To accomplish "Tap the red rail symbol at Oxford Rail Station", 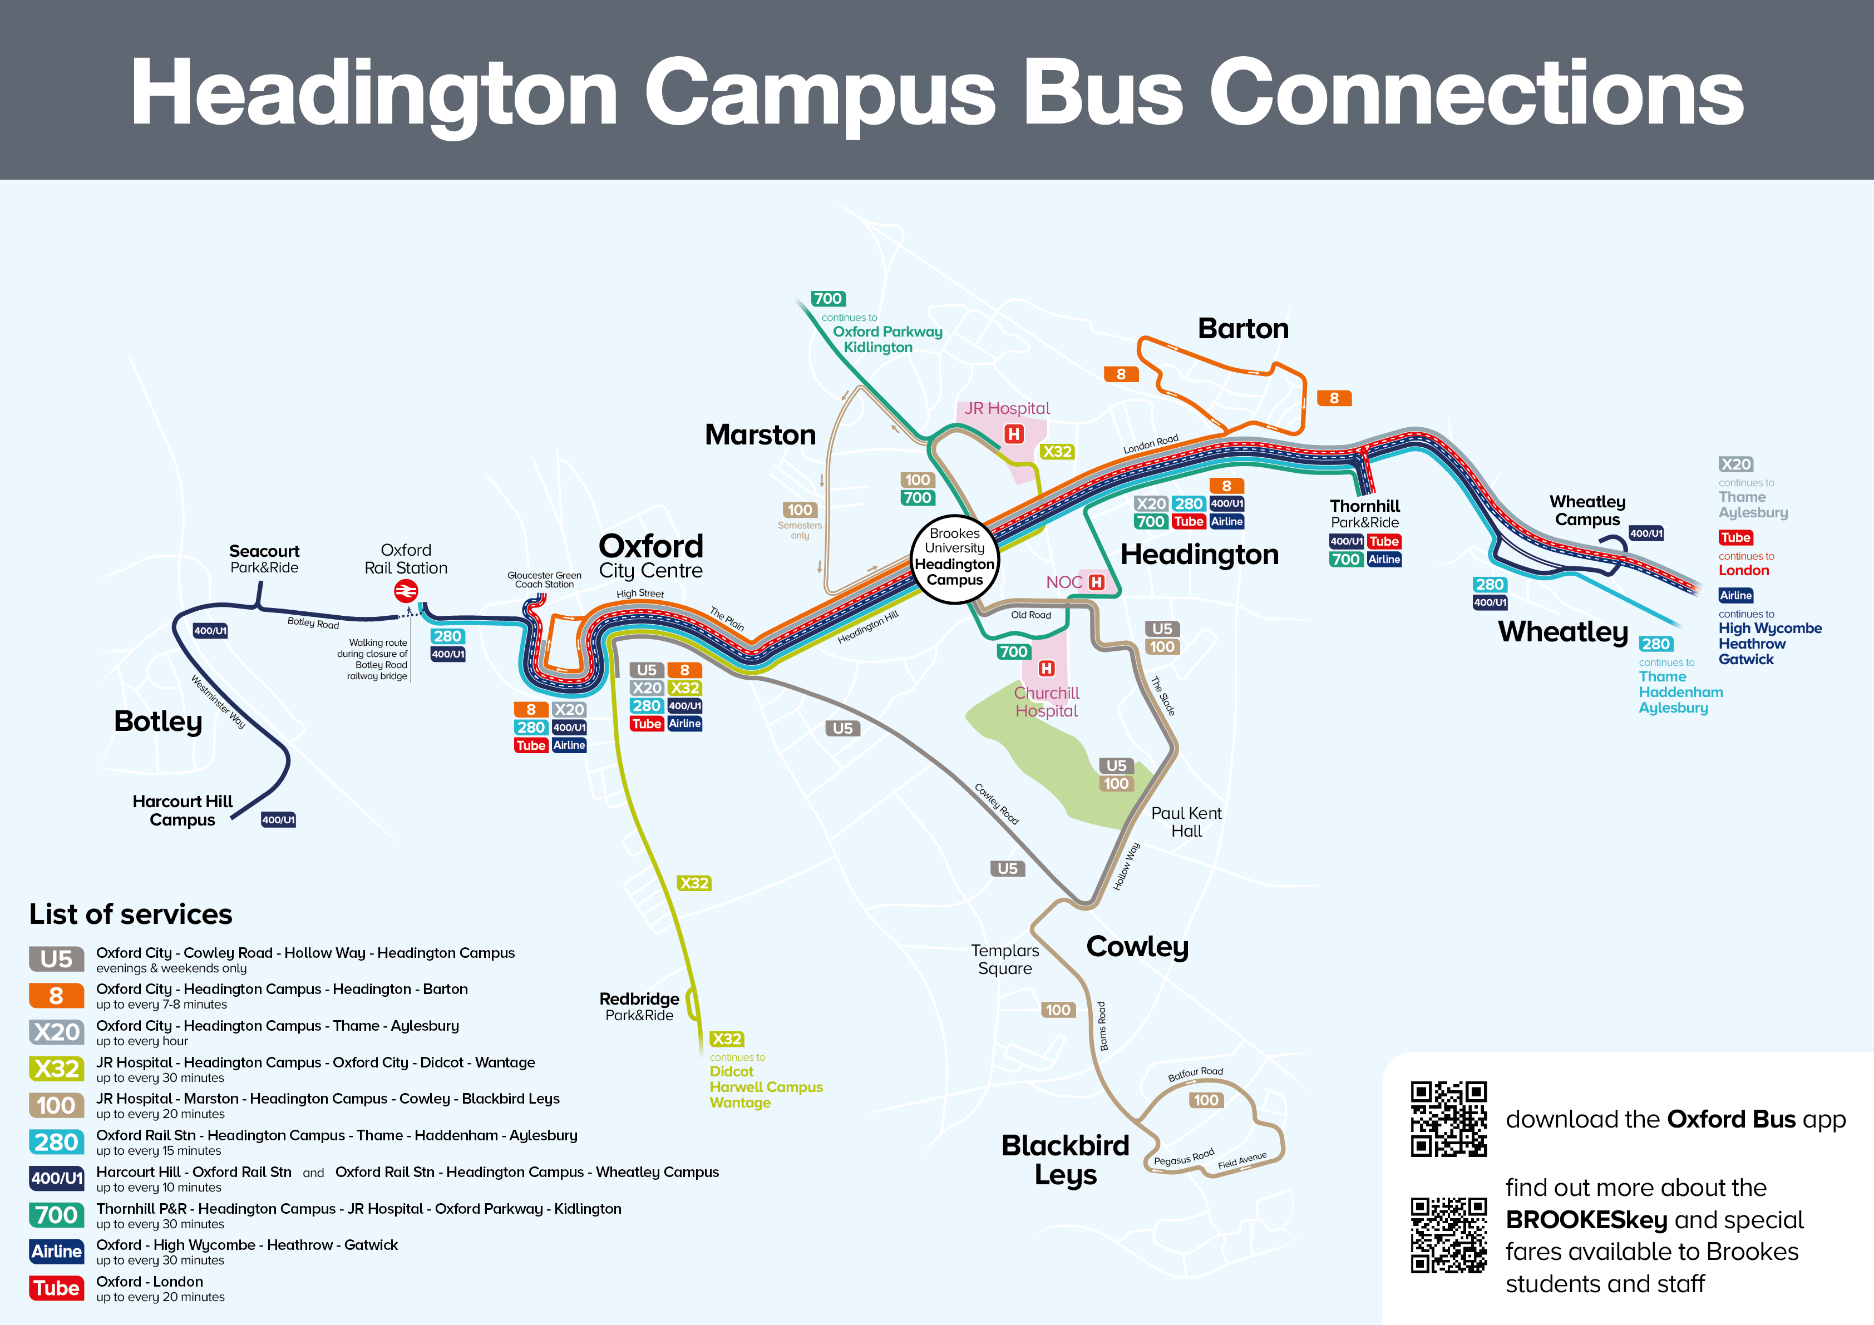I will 406,591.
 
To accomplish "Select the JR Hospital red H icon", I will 1014,434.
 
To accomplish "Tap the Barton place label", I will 1242,329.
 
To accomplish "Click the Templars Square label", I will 1005,960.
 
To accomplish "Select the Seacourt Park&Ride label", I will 264,559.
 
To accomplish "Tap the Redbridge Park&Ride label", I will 639,1007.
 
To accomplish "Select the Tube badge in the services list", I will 56,1288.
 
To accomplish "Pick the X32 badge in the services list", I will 56,1069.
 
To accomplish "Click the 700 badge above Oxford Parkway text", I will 827,299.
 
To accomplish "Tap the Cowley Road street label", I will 997,804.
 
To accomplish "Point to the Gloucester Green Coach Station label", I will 544,579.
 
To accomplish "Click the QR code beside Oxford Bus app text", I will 1449,1119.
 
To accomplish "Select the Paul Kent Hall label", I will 1186,822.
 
